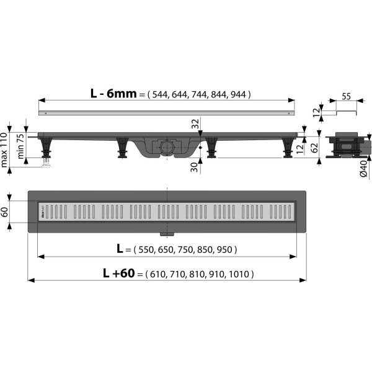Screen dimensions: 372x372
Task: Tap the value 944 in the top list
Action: point(238,95)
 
